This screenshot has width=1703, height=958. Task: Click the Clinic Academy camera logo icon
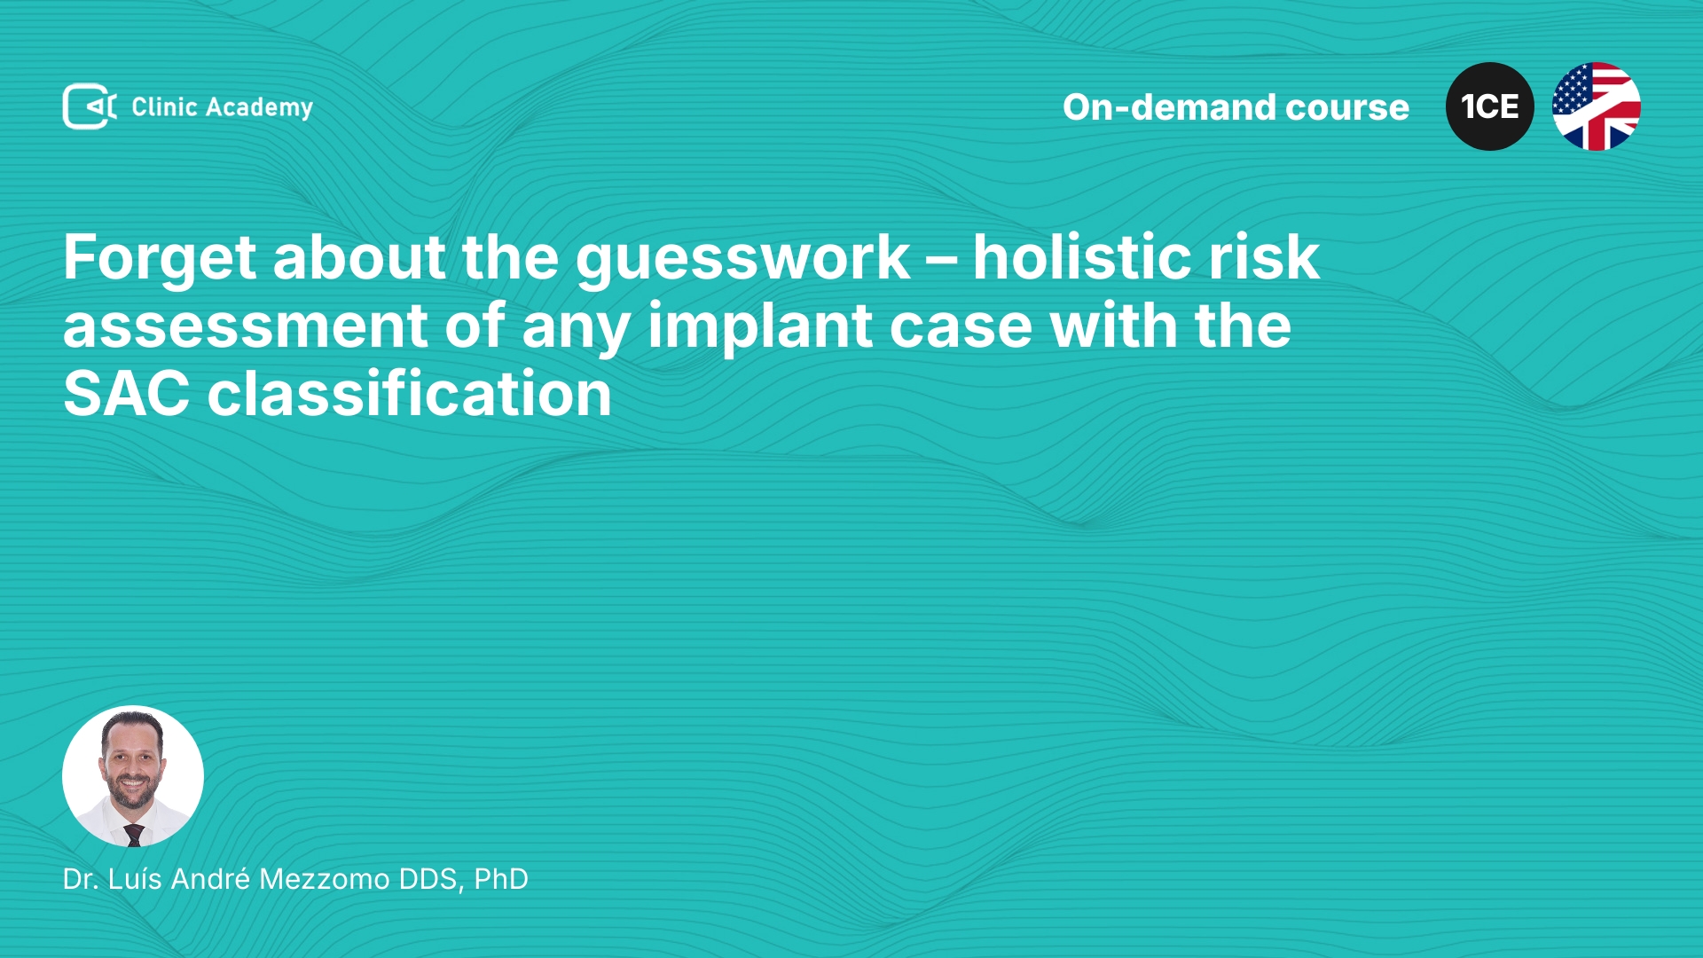(x=90, y=106)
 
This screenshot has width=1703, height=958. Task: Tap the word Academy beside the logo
(x=259, y=108)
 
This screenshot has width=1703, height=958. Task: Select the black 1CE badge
(x=1490, y=106)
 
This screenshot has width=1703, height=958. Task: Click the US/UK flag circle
(x=1597, y=106)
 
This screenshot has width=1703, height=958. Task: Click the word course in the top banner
(x=1347, y=108)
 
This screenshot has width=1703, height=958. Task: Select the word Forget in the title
(x=161, y=258)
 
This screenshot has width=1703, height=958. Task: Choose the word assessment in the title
(x=246, y=327)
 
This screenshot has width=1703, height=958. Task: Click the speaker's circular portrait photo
(x=133, y=776)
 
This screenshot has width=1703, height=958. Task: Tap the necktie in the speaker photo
(x=134, y=834)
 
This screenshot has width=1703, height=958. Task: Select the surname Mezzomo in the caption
(x=325, y=879)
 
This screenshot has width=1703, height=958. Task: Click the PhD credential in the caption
(x=501, y=879)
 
